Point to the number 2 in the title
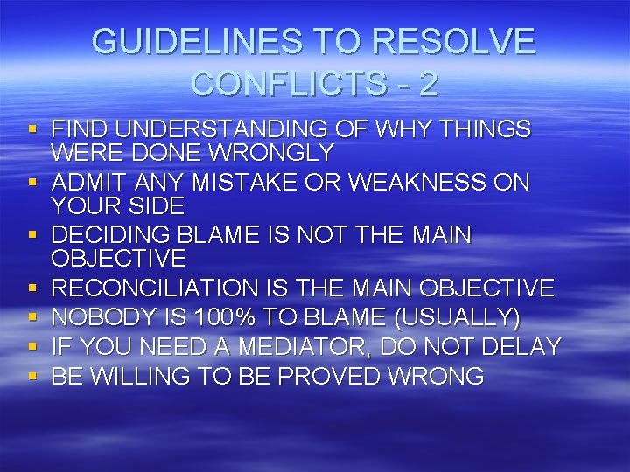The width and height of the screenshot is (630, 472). [x=428, y=84]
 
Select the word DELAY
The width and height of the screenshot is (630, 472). [x=520, y=347]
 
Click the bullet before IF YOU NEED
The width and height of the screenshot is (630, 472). [x=32, y=346]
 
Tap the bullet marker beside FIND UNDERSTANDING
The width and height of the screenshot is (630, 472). [x=32, y=129]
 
